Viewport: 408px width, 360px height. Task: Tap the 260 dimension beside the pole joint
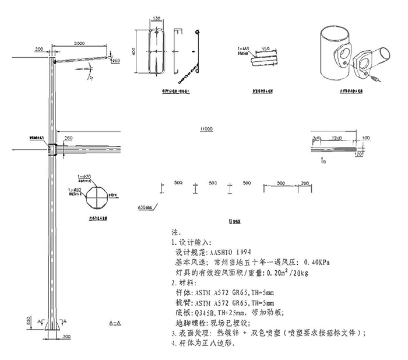click(x=68, y=138)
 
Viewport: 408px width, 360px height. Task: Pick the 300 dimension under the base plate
click(x=66, y=337)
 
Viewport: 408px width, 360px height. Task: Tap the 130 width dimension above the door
click(x=156, y=19)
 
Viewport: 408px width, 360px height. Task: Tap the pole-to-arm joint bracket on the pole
click(x=52, y=150)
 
